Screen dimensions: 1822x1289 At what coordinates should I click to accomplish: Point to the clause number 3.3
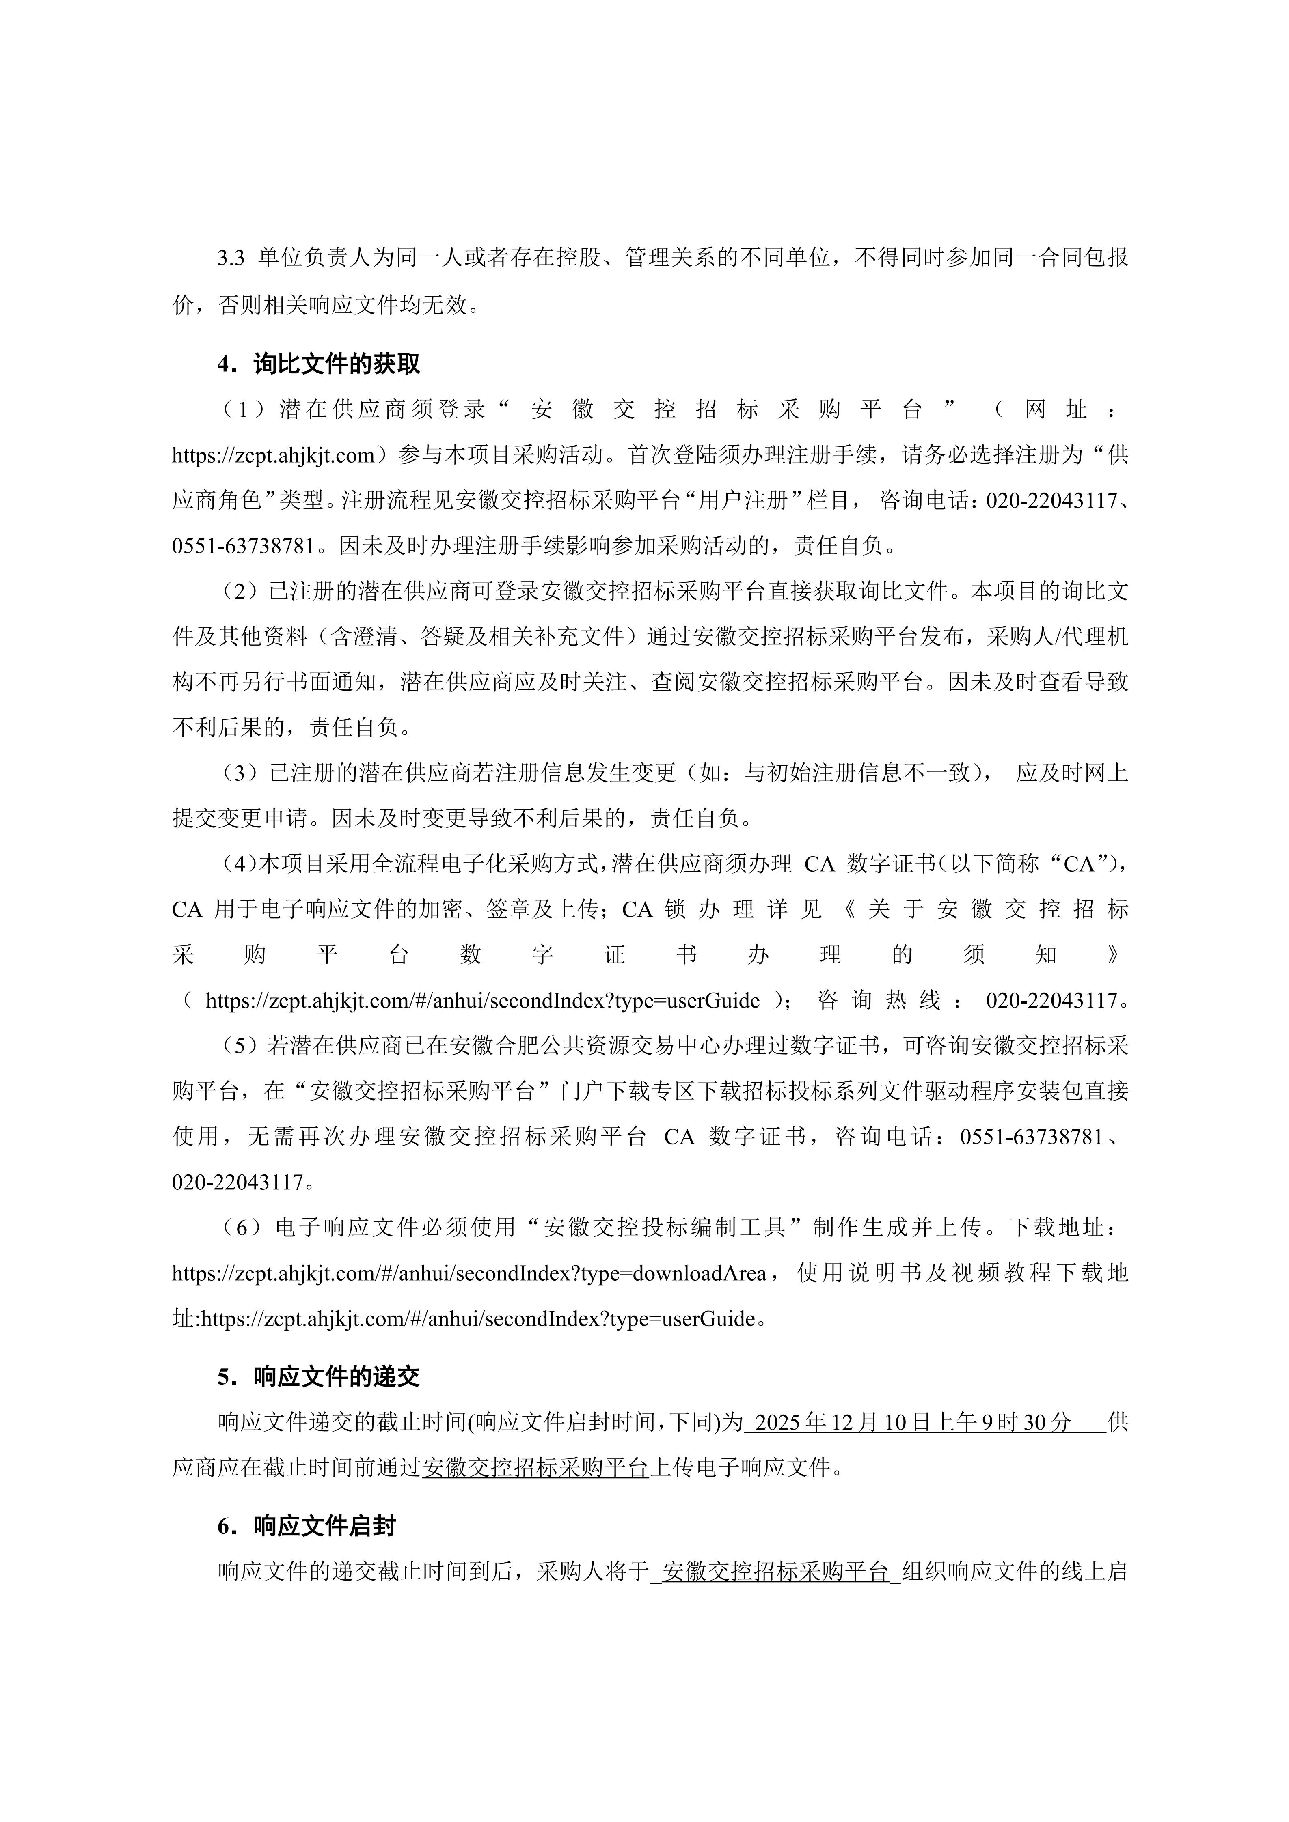point(230,258)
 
